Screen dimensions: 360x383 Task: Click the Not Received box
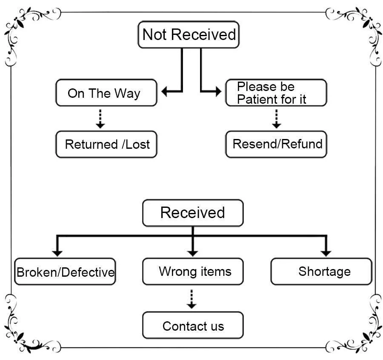pos(189,34)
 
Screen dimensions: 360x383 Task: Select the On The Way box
pos(106,93)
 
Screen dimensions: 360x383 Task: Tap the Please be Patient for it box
pos(276,93)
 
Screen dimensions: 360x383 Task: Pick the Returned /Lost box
pos(106,145)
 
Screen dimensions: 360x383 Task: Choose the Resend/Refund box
pos(276,145)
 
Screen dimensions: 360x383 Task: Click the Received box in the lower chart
pos(193,213)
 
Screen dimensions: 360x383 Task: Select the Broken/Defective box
pos(65,272)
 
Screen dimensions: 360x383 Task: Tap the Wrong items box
pos(193,272)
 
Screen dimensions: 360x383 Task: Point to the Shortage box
pos(321,272)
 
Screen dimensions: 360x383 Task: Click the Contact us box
pos(193,326)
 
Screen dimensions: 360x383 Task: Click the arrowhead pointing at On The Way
pos(166,91)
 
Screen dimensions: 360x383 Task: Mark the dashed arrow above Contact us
pos(192,300)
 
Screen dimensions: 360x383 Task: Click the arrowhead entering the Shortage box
pos(326,253)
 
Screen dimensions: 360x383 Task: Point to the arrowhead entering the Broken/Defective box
pos(57,253)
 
